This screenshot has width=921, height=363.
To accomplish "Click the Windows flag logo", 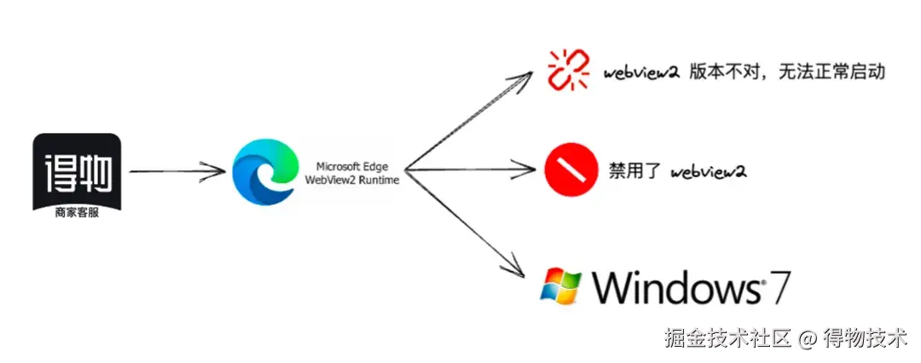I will tap(561, 286).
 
